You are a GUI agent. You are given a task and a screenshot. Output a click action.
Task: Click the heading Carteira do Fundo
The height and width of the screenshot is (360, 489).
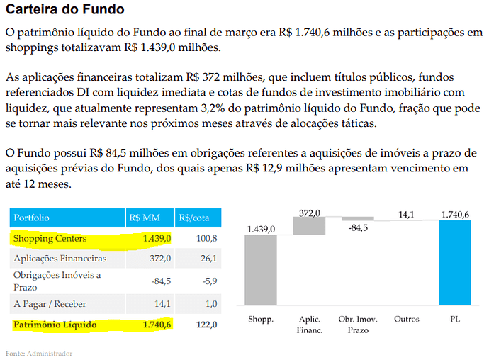click(65, 9)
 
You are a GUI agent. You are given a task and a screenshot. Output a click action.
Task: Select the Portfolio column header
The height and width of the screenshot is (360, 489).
click(31, 218)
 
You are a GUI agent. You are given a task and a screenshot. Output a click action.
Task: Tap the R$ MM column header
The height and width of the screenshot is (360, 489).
click(145, 218)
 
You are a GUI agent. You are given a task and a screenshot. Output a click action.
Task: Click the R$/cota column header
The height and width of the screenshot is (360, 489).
click(194, 218)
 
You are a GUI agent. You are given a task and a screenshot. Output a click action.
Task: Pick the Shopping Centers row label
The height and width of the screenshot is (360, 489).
click(50, 239)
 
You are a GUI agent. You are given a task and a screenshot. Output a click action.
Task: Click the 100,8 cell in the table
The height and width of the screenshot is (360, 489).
click(206, 239)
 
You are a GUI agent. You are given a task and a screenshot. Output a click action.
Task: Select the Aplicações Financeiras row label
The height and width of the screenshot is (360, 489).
click(60, 259)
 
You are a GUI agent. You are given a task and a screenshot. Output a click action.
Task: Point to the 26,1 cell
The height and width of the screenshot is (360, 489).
click(208, 259)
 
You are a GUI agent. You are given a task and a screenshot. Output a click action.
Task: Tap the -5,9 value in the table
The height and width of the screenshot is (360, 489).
click(210, 281)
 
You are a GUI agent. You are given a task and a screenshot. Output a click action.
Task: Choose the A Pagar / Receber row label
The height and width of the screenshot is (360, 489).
click(50, 304)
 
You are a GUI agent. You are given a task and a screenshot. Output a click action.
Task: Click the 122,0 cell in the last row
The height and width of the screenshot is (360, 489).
click(206, 325)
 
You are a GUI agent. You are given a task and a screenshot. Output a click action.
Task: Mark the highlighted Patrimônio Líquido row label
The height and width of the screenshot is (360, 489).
click(55, 325)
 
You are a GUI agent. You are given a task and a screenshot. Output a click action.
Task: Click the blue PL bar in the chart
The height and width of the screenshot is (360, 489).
click(455, 263)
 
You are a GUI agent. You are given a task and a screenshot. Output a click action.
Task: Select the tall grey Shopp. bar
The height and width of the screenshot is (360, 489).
click(261, 270)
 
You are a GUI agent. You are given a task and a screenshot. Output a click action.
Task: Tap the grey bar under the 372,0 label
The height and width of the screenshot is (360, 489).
click(310, 226)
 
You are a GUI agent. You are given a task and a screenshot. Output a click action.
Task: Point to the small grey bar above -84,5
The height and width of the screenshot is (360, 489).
click(358, 219)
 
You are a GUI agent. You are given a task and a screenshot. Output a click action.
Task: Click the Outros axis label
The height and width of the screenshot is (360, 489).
click(407, 319)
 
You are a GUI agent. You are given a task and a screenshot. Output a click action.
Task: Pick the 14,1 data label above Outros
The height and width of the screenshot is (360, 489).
click(406, 215)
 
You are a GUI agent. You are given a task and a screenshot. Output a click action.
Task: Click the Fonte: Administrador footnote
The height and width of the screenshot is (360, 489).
click(39, 354)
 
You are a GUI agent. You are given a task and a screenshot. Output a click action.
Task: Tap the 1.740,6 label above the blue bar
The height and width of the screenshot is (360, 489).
click(455, 215)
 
